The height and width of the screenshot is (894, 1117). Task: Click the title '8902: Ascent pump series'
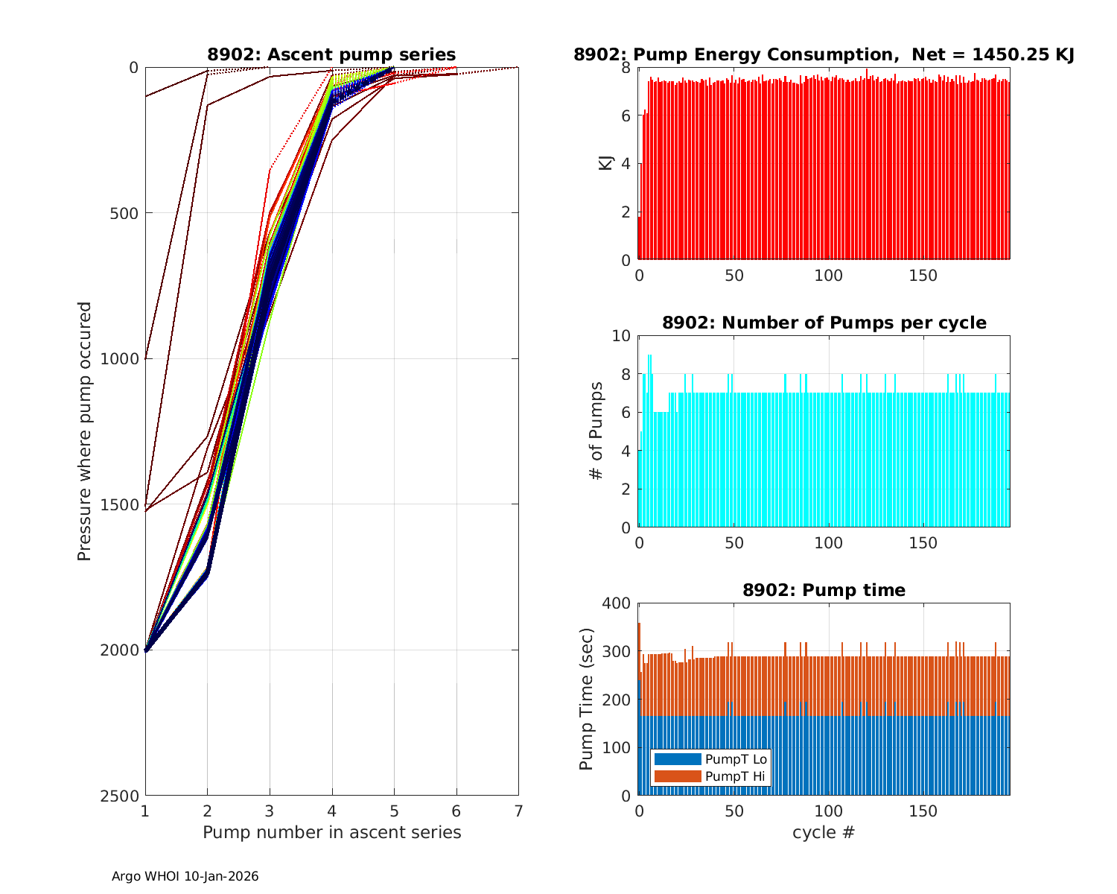[x=331, y=54]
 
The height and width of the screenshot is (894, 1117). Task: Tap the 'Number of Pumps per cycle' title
[x=824, y=323]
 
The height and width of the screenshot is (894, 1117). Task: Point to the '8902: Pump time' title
[x=824, y=590]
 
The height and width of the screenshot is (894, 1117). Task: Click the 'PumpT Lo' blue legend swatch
[x=677, y=759]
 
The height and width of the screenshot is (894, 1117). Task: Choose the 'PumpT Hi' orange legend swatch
[x=677, y=776]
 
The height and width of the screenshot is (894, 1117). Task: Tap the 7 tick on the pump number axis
[x=518, y=811]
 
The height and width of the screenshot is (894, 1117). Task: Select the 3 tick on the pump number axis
[x=270, y=811]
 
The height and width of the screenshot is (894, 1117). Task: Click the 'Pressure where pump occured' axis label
[x=85, y=431]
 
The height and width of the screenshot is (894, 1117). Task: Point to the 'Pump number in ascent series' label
[x=331, y=832]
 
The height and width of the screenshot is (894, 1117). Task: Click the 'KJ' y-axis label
[x=606, y=163]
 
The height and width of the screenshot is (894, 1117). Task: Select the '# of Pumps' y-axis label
[x=596, y=431]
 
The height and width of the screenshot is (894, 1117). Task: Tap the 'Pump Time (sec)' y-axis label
[x=587, y=699]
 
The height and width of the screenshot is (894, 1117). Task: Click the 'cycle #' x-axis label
[x=824, y=832]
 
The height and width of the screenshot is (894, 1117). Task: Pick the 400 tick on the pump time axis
[x=620, y=603]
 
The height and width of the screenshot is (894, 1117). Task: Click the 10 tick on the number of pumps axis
[x=621, y=336]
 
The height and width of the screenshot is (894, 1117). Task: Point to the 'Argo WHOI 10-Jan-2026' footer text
[x=185, y=877]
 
